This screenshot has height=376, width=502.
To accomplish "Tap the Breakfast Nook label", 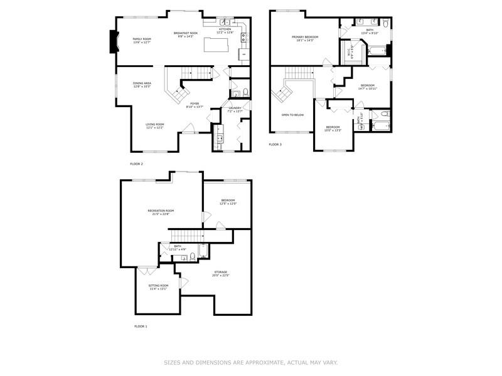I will point(186,34).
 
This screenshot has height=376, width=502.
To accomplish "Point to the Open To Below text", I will point(292,115).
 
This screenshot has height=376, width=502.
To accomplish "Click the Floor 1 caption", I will point(141,326).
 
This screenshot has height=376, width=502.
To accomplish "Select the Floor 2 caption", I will point(136,164).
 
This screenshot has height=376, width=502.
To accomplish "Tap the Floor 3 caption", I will point(275,145).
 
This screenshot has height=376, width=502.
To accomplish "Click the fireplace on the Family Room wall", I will point(114,42).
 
